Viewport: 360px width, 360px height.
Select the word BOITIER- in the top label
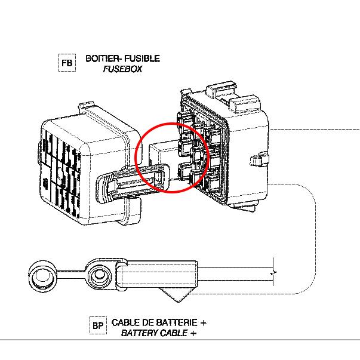click(x=104, y=59)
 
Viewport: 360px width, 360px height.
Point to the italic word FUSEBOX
click(x=123, y=69)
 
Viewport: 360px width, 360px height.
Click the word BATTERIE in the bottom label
click(x=176, y=322)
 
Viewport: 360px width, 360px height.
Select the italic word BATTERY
click(x=136, y=333)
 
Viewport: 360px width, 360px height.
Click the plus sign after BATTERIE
click(x=204, y=322)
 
